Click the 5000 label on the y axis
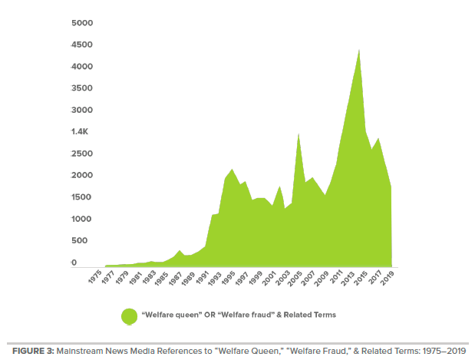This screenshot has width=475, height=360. click(82, 23)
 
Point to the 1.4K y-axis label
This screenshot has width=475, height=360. click(81, 132)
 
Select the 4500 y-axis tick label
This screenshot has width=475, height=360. click(81, 45)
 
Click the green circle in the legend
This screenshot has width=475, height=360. click(129, 315)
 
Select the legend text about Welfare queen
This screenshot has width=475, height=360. click(239, 315)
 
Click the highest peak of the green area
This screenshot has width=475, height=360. click(359, 50)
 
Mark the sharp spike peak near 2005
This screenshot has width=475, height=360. click(298, 134)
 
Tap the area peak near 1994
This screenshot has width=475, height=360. click(232, 169)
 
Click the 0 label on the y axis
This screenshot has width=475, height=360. click(74, 263)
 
